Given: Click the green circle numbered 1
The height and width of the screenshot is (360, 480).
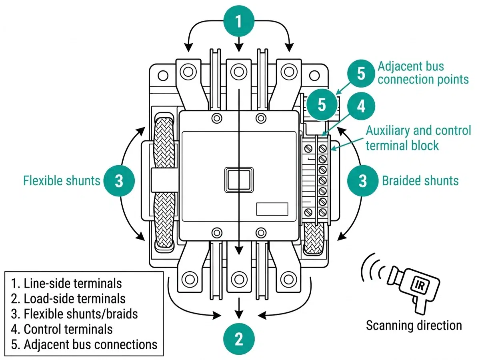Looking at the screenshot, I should [x=239, y=21].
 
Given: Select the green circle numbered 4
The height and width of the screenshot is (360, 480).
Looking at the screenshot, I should [x=361, y=106].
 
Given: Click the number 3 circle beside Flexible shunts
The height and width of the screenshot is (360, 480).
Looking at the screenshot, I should [x=119, y=181].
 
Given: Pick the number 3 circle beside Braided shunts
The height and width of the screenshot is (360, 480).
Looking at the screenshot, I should [x=362, y=181].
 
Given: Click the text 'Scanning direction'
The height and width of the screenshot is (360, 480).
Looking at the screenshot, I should [x=414, y=325].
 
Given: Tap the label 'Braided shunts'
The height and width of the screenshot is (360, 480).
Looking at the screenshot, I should [x=420, y=181].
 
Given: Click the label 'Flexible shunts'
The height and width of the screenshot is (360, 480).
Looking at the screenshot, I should [x=62, y=181].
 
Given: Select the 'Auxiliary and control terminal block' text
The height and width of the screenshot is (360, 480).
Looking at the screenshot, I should [x=418, y=138].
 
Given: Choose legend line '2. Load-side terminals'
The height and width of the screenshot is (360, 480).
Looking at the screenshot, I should [x=68, y=298].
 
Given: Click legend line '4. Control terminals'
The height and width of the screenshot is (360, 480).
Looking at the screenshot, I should [x=62, y=329].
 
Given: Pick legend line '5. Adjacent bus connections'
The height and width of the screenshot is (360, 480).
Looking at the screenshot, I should [x=84, y=344].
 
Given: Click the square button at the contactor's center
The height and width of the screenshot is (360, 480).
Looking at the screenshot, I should [x=239, y=178].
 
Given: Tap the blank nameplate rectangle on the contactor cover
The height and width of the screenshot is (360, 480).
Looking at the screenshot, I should [x=272, y=209].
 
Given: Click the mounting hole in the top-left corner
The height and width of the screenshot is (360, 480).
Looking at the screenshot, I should [x=162, y=75].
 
